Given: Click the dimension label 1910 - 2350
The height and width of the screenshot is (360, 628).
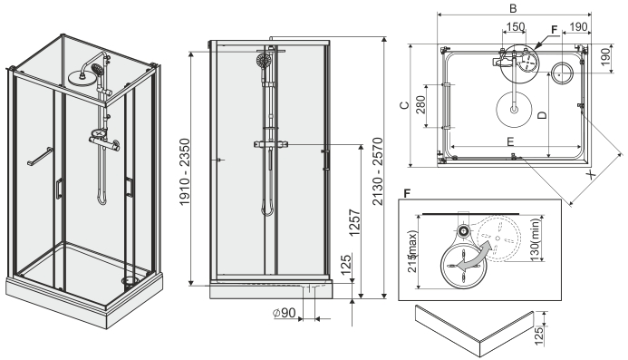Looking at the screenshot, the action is pyautogui.click(x=185, y=172).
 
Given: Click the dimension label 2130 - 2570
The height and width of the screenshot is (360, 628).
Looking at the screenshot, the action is pyautogui.click(x=378, y=171).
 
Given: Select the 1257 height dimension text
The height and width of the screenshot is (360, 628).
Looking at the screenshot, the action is pyautogui.click(x=355, y=223).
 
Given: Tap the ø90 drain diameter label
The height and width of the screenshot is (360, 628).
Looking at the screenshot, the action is pyautogui.click(x=285, y=313).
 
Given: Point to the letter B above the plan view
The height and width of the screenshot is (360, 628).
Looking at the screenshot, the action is pyautogui.click(x=513, y=8).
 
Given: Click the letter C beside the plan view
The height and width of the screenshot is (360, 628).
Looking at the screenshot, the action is pyautogui.click(x=405, y=105).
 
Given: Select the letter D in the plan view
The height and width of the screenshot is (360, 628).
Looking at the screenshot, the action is pyautogui.click(x=542, y=115).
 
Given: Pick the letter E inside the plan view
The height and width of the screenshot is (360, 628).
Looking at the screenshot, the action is pyautogui.click(x=510, y=141).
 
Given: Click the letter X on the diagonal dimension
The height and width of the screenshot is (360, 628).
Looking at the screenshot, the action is pyautogui.click(x=591, y=174).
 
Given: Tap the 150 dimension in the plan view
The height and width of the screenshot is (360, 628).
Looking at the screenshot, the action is pyautogui.click(x=515, y=27).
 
